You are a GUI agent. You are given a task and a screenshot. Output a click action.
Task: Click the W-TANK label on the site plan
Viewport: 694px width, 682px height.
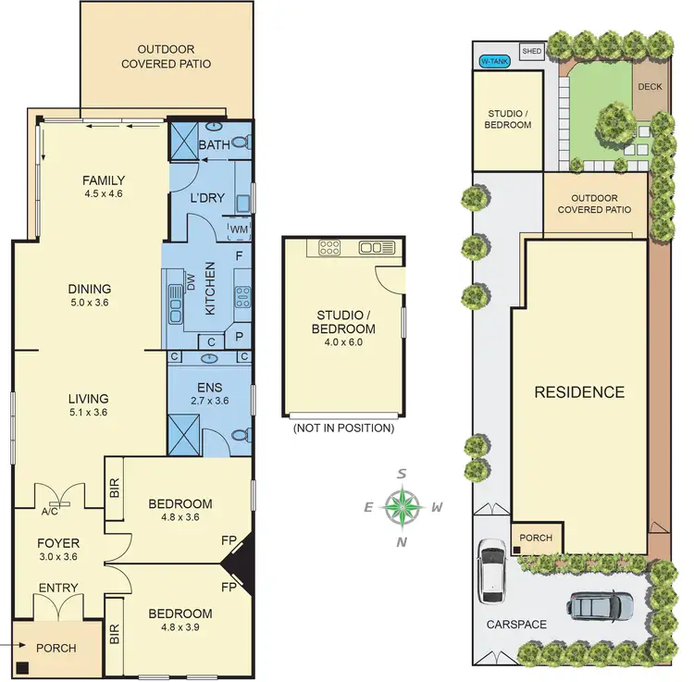click(x=494, y=62)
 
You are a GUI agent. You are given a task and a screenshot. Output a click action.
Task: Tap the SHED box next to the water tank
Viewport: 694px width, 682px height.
click(x=531, y=52)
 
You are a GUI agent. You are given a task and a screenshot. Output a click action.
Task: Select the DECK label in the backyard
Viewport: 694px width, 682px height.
click(x=648, y=88)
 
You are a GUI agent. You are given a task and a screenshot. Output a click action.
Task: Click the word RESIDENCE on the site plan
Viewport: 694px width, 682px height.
click(x=579, y=391)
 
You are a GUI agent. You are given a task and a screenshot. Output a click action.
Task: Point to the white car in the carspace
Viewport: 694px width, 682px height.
click(x=490, y=570)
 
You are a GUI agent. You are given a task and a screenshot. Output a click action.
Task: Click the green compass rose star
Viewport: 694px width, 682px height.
click(x=402, y=506)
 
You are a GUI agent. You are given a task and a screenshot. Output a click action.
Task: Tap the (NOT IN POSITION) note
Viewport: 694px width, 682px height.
click(x=342, y=428)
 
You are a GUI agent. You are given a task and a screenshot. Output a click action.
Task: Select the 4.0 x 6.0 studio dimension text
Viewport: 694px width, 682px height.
click(x=342, y=343)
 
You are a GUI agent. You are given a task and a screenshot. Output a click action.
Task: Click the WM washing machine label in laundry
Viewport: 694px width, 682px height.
click(x=239, y=229)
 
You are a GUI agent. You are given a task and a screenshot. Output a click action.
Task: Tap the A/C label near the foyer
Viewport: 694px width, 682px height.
click(x=51, y=511)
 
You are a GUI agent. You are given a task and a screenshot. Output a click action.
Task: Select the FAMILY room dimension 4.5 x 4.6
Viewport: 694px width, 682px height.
click(x=103, y=194)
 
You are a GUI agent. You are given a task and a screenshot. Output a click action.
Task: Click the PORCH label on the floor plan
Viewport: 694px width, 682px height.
click(x=57, y=648)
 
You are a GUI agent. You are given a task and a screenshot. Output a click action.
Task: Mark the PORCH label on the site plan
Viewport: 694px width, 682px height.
click(x=536, y=538)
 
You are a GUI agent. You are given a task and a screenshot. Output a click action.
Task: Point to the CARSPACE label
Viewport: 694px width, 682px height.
click(x=516, y=625)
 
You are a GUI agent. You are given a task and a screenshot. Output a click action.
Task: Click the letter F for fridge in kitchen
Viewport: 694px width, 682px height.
click(x=239, y=254)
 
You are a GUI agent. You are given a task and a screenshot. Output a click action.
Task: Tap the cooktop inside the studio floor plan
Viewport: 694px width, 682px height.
click(x=329, y=247)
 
